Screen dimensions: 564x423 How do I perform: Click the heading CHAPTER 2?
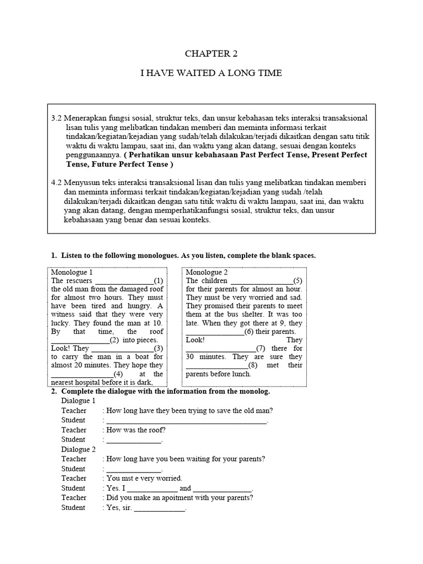tap(211, 54)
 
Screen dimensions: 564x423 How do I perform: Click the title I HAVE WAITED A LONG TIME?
tap(211, 73)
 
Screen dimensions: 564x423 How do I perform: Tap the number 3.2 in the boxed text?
tap(57, 118)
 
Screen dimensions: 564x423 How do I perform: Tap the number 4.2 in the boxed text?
tap(57, 182)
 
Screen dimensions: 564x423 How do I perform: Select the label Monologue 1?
tap(72, 273)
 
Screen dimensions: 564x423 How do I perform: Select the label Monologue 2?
tap(207, 273)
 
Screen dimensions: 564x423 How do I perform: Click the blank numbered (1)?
tap(124, 281)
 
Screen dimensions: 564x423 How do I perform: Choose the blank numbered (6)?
tap(215, 332)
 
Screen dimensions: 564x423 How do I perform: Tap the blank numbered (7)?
tap(220, 349)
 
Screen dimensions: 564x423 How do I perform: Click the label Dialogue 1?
tap(79, 401)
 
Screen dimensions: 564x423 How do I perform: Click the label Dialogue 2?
tap(79, 449)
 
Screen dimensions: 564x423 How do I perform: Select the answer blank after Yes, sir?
tap(160, 508)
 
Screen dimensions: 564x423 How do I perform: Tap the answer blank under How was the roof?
tap(134, 440)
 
